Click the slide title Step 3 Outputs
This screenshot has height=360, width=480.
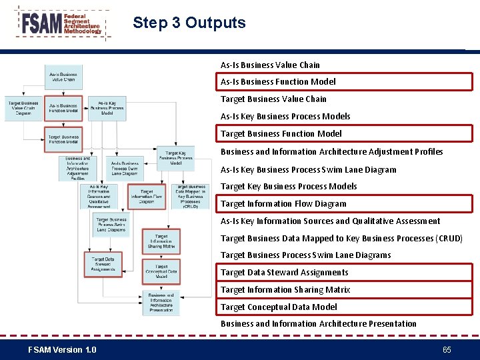[189, 23]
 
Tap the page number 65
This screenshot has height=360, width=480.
[447, 350]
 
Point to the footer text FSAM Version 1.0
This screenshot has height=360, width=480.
[62, 350]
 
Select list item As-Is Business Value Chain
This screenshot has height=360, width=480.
[270, 65]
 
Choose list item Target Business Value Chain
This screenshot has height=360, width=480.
[273, 99]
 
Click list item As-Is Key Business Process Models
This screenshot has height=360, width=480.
[285, 116]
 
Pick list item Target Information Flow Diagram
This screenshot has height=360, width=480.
[283, 203]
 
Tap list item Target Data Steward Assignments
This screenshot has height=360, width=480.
[284, 272]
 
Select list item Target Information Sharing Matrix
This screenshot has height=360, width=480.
[285, 289]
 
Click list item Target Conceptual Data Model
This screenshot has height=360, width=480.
[279, 307]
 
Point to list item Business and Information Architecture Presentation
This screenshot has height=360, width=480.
[319, 323]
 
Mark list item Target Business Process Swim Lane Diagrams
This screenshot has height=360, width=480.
[306, 255]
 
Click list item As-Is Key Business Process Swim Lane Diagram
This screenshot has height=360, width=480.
[309, 169]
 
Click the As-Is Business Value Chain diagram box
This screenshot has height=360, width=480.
[63, 77]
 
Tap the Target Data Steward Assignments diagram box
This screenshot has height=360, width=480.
[103, 264]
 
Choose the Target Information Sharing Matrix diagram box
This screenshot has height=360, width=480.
[161, 241]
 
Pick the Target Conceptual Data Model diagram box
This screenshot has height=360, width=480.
[161, 271]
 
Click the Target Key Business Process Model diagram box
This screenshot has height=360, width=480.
[176, 158]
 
